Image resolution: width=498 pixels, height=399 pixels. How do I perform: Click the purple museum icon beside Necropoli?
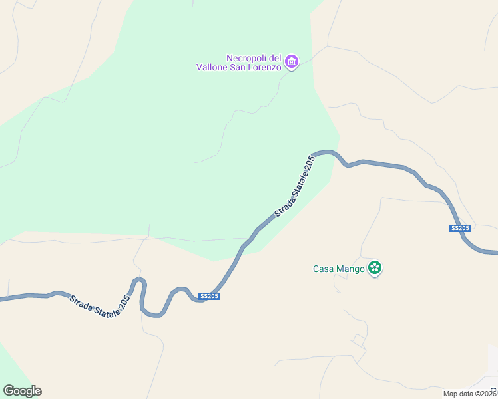(x=291, y=63)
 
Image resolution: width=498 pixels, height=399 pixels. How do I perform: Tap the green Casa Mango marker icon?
(x=375, y=268)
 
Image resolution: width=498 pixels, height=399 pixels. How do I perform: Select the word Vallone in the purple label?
(x=212, y=67)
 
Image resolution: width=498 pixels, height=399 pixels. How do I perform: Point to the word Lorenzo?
(x=265, y=67)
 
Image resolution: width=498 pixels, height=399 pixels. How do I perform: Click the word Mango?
(x=350, y=269)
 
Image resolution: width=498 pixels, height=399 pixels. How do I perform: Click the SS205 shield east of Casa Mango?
(x=460, y=229)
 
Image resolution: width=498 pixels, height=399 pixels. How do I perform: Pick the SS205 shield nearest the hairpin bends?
(x=209, y=297)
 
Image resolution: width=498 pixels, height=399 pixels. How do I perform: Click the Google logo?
(x=22, y=391)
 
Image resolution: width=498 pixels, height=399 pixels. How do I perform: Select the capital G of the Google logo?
(x=9, y=390)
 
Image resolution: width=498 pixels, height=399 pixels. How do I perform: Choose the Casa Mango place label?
(x=339, y=269)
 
